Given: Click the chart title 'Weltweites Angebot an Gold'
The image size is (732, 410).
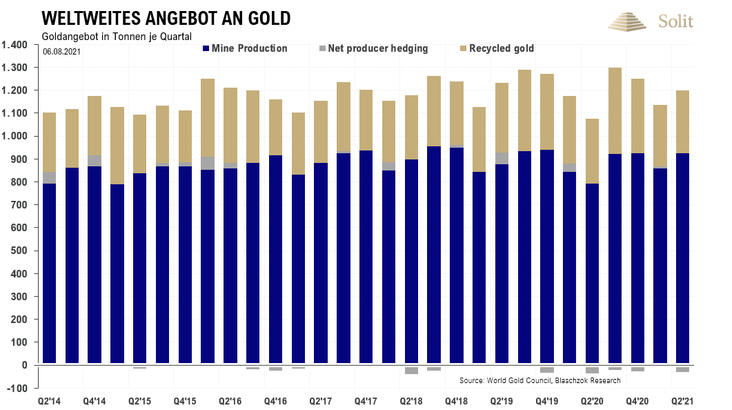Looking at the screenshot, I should [x=166, y=17].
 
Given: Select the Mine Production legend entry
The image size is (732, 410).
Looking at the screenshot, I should [x=245, y=48].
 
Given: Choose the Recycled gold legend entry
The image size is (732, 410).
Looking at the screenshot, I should [x=497, y=48].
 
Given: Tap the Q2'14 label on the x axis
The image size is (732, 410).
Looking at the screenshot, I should [x=49, y=401].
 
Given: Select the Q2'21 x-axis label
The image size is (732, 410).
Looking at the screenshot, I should [x=682, y=401].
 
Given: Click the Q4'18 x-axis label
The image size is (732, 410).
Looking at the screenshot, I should [x=456, y=401].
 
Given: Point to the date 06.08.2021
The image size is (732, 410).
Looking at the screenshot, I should [x=61, y=51].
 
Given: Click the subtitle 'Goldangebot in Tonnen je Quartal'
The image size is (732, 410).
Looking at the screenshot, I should [x=116, y=36].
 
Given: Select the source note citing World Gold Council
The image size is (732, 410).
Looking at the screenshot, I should [x=540, y=380].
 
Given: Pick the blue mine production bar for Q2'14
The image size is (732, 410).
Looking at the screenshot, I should [x=49, y=273].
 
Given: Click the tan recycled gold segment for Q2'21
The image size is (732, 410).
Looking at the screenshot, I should [x=682, y=121].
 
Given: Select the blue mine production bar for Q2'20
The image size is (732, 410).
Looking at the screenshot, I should [x=592, y=273].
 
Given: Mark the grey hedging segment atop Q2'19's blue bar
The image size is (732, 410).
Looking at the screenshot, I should [x=502, y=158].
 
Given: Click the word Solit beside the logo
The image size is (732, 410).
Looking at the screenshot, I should [x=675, y=21].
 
